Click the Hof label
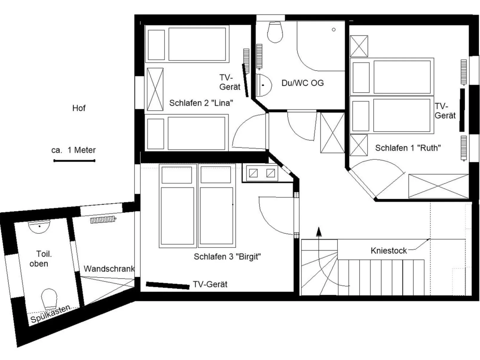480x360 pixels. coord(79,108)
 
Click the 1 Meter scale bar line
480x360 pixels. coord(74,161)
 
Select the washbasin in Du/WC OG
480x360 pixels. coord(264,85)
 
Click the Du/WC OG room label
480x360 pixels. coord(302,83)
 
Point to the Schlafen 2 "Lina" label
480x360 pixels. coord(201,103)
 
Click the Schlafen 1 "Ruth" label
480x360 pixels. coord(408,148)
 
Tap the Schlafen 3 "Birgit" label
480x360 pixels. coord(227,257)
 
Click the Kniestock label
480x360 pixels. coord(389,251)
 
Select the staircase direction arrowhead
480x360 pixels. coord(319,232)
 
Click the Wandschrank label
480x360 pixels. coord(109,269)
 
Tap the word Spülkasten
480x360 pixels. coord(50,314)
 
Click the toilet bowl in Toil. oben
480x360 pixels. coord(49,298)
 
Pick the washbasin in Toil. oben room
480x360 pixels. coord(39,226)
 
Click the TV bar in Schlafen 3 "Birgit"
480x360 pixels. coord(167,285)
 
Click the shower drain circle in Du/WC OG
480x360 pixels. coord(334,30)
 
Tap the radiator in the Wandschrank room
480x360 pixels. coord(103,220)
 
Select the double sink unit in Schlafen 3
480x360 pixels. coord(262,173)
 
